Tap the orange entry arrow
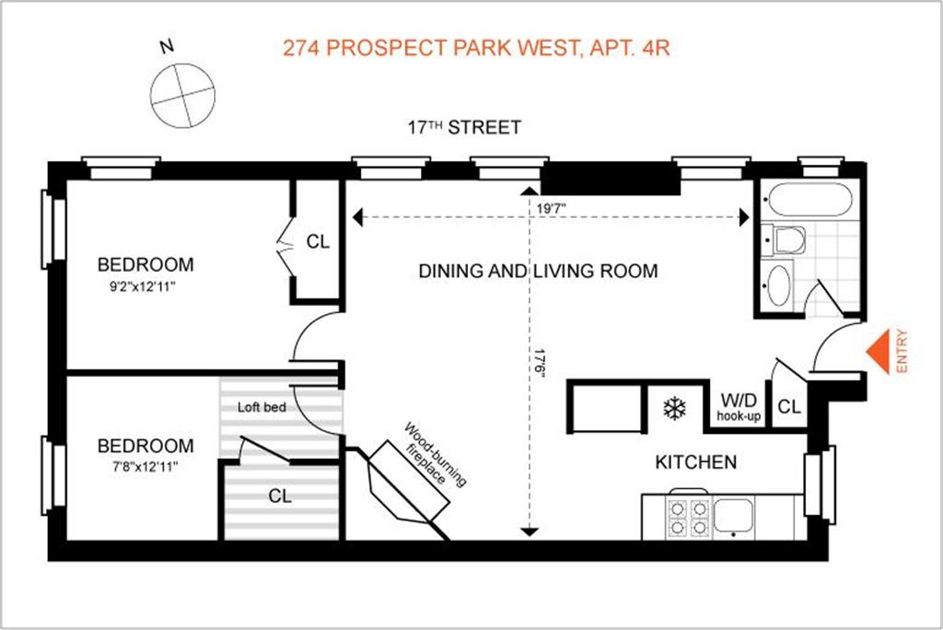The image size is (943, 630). pos(878,352)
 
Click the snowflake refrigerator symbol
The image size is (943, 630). pos(675,409)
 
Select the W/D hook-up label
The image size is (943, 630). pos(739,407)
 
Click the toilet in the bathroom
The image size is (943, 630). pos(785,240)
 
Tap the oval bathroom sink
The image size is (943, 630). pos(778,286)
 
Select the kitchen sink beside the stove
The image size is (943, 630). pos(733,516)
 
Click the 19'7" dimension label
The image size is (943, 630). pos(551,209)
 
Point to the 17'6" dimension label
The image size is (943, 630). pos(540,363)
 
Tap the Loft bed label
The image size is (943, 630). pos(262,407)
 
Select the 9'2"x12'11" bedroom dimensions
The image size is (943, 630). pos(143,286)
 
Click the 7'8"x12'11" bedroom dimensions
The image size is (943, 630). pos(145,466)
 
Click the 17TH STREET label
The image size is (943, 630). pos(464,127)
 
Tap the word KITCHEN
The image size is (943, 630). pos(696,461)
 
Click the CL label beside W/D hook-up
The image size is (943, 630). pos(789,407)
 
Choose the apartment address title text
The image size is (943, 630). pos(476,48)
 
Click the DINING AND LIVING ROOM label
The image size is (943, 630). pos(538,271)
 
